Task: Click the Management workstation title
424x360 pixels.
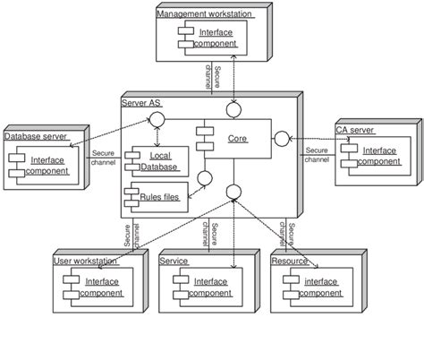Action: click(203, 13)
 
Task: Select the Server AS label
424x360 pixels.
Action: click(140, 104)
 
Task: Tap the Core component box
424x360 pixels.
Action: click(235, 141)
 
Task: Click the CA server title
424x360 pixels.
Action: click(356, 130)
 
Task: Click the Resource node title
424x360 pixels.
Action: click(289, 261)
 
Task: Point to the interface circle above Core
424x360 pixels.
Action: click(234, 108)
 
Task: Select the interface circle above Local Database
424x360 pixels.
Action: click(156, 120)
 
